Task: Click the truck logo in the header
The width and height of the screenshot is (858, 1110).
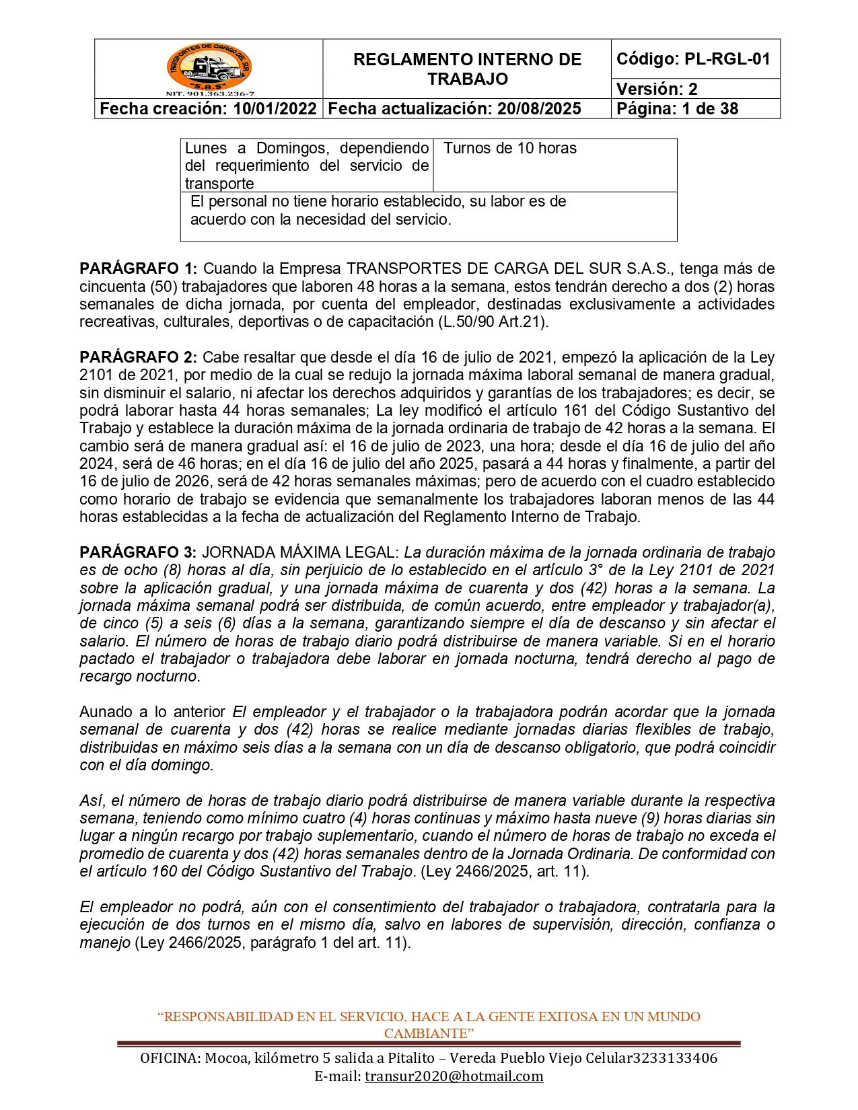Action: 209,67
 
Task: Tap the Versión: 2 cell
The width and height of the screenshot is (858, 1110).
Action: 657,89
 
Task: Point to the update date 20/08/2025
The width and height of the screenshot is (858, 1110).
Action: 539,109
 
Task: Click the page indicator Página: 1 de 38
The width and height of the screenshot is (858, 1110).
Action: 677,109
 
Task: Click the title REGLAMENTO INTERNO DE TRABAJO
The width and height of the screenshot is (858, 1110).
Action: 467,69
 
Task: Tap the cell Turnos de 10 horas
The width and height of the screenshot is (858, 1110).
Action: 510,149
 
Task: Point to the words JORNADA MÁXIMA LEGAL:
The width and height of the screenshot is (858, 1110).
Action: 301,553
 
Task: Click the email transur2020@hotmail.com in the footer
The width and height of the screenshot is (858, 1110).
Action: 454,1076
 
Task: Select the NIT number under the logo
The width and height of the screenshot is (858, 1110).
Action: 209,94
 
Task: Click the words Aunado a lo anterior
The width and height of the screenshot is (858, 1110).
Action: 153,712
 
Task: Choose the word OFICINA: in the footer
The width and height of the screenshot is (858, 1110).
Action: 170,1058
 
